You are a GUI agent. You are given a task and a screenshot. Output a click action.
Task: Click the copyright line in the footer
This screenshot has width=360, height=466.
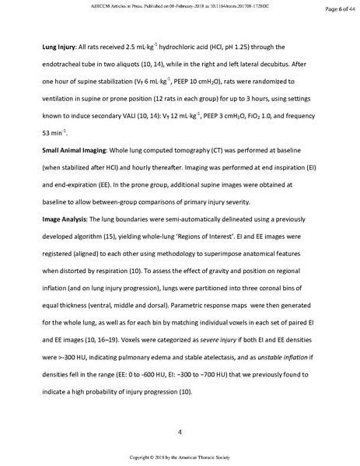[180, 459]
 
